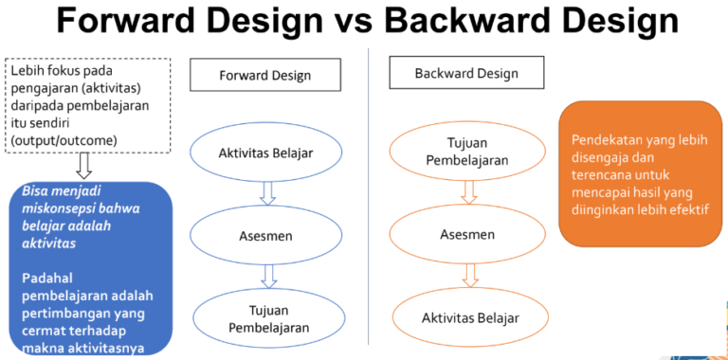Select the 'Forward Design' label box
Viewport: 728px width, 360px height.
264,75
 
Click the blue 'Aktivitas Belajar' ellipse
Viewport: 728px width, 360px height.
265,153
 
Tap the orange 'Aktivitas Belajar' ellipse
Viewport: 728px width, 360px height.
470,316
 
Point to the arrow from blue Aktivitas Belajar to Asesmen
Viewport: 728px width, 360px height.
267,192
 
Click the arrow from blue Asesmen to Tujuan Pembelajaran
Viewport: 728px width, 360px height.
268,275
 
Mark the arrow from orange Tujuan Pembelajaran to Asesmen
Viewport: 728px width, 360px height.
467,192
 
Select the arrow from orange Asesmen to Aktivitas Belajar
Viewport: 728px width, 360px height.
467,275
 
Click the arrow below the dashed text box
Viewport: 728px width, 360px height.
83,165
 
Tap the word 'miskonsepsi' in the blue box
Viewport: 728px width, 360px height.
63,207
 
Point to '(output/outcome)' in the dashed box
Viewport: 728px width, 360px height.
64,140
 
